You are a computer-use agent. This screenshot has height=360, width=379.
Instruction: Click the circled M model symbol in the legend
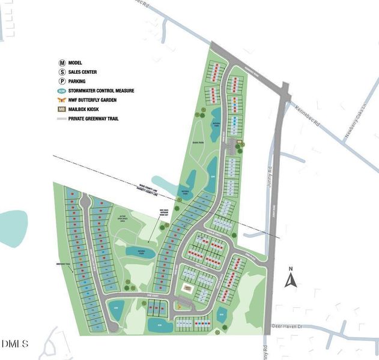(x=62, y=62)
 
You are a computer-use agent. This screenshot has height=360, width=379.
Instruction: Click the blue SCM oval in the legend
(x=62, y=91)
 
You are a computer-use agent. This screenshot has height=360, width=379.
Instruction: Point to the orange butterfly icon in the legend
(x=62, y=100)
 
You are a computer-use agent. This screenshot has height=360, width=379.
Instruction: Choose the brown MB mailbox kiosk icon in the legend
(x=62, y=109)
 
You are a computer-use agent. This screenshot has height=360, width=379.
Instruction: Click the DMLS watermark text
(x=14, y=344)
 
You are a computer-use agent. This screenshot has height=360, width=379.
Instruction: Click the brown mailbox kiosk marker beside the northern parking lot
(x=238, y=142)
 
